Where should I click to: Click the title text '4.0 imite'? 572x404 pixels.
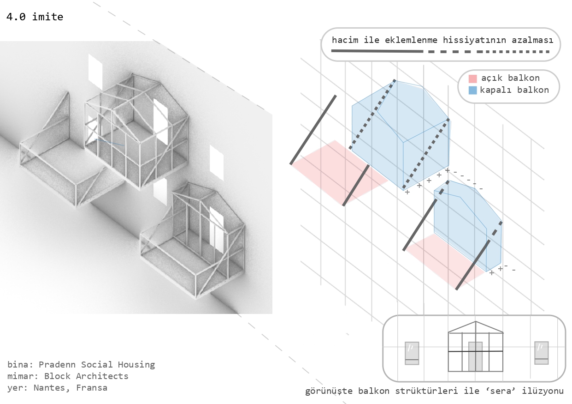35,17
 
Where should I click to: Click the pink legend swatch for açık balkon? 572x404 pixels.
472,78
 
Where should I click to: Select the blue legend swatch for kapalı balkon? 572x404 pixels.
472,90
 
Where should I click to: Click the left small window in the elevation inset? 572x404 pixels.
412,353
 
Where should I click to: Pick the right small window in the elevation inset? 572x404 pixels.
541,353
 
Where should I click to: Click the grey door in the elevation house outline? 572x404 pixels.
475,356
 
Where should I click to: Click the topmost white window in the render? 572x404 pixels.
95,72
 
